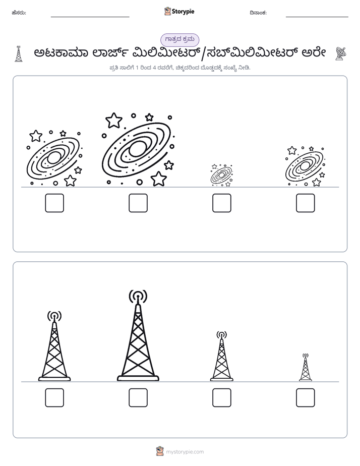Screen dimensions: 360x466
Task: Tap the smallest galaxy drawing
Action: (x=221, y=176)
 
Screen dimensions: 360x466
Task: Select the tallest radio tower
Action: (x=138, y=335)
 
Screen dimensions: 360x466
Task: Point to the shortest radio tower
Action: (x=306, y=367)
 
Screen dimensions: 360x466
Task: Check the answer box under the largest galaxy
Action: (x=138, y=203)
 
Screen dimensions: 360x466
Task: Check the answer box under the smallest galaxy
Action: (x=222, y=203)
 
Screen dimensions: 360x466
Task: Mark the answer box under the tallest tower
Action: (x=138, y=397)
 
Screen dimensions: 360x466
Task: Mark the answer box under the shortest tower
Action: (x=306, y=397)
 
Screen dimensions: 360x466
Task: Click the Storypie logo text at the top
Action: (x=183, y=12)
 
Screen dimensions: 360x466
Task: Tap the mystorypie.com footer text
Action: (x=185, y=452)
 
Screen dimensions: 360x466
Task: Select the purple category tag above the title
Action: (x=179, y=40)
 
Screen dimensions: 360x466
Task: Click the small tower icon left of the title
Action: (x=19, y=54)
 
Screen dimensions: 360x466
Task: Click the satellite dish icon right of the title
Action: (x=341, y=53)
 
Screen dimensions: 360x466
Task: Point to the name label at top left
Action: (x=19, y=13)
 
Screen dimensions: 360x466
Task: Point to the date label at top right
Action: (x=258, y=13)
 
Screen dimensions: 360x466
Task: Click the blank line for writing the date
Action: (x=317, y=17)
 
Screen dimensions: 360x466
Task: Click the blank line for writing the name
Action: (x=90, y=17)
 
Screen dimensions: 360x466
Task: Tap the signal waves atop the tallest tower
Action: (x=138, y=297)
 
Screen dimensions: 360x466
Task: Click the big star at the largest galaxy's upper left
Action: (x=114, y=120)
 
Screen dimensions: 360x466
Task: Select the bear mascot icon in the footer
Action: (x=160, y=451)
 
